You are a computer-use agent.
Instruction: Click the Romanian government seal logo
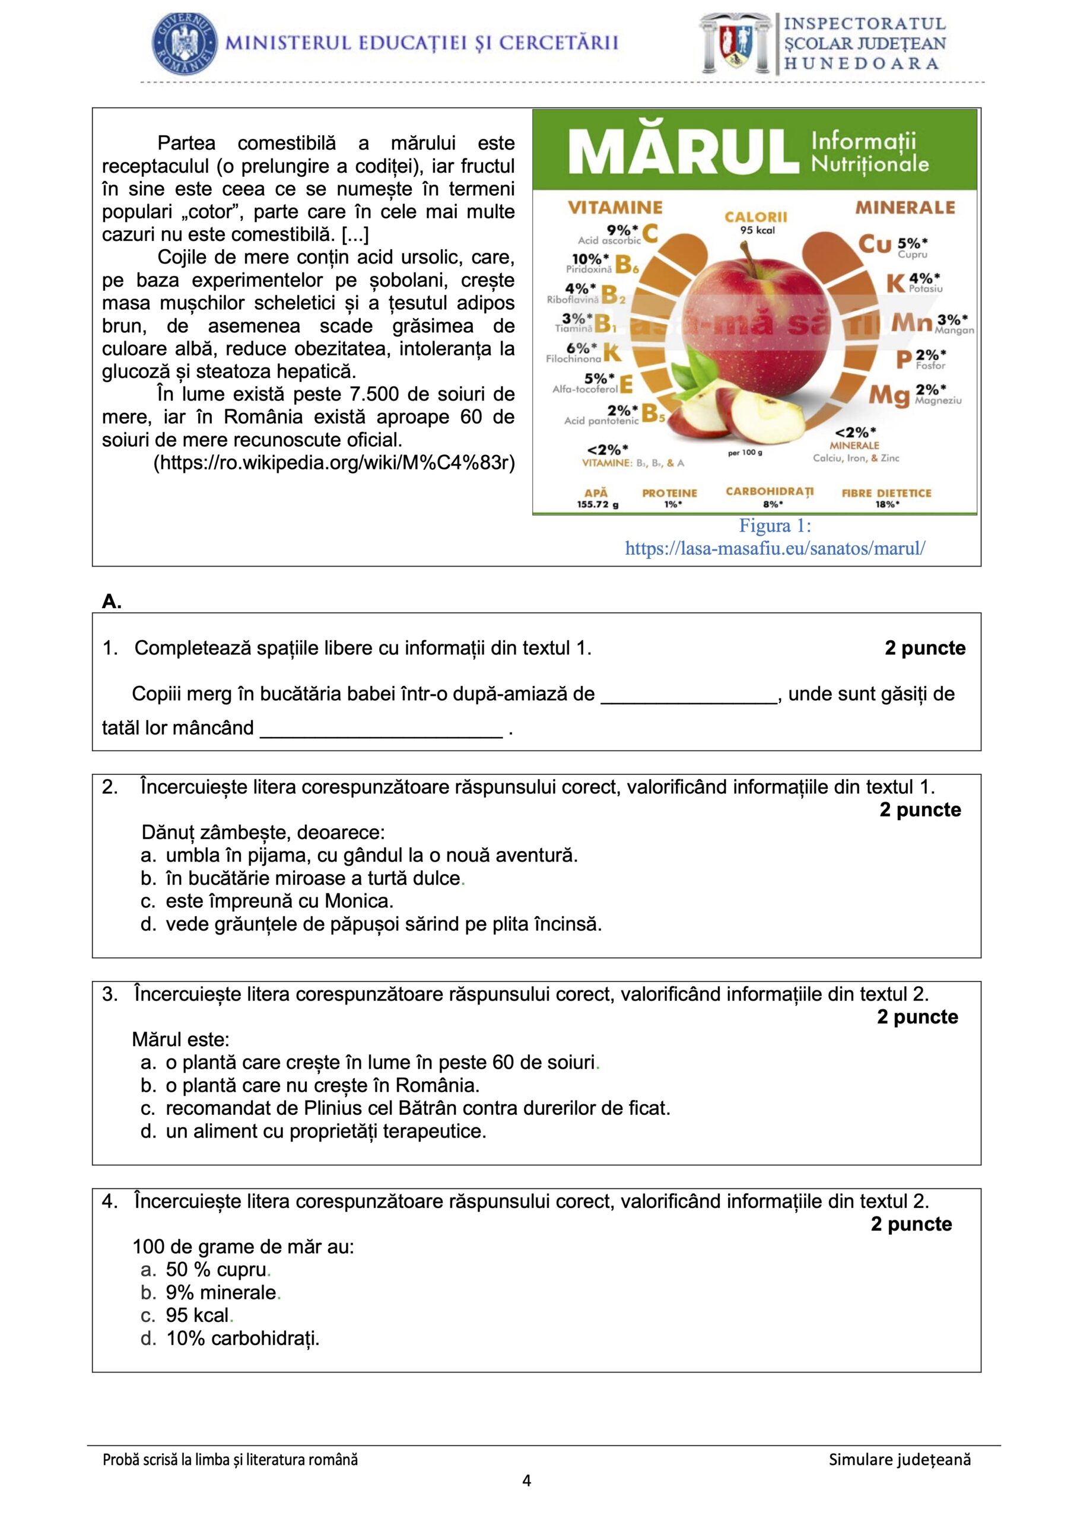tap(185, 44)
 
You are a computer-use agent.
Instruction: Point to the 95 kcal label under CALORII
tap(757, 230)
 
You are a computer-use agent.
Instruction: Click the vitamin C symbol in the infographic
tap(650, 234)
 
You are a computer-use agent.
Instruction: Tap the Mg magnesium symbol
tap(889, 396)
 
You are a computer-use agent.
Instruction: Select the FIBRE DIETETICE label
tap(886, 493)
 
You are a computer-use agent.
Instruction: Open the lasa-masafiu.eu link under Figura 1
tap(775, 548)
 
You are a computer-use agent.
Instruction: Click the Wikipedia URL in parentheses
tap(334, 462)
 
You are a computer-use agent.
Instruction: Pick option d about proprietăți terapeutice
tap(326, 1131)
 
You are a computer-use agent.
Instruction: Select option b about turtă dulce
tap(313, 878)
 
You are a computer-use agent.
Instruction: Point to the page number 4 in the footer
tap(527, 1480)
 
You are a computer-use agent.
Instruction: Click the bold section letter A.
tap(112, 602)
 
